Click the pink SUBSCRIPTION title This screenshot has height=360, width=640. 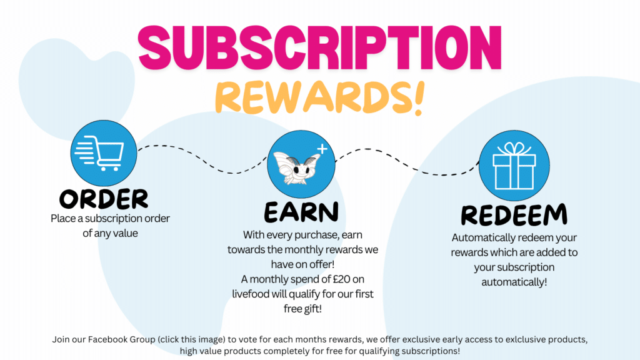click(x=319, y=47)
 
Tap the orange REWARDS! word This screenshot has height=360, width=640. click(x=319, y=97)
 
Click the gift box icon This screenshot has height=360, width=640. click(x=514, y=166)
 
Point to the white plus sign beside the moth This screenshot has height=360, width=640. click(x=322, y=149)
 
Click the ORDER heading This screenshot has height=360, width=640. click(x=104, y=199)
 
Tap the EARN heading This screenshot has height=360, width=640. click(x=301, y=212)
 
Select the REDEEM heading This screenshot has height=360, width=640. click(x=514, y=215)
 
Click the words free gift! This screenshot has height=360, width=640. click(x=302, y=309)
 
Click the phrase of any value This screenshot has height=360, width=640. click(x=110, y=234)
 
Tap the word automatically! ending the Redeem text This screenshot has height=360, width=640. click(x=514, y=282)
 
